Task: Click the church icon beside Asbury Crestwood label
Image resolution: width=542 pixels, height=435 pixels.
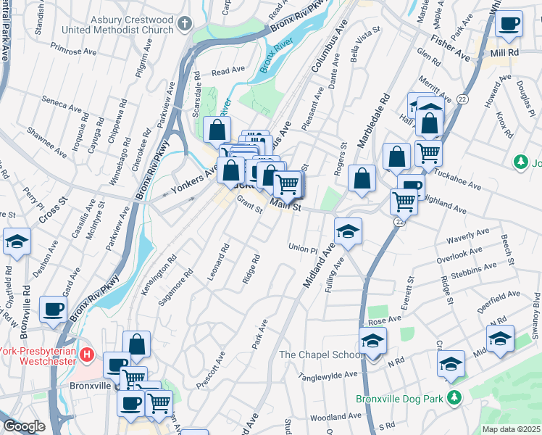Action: (185, 24)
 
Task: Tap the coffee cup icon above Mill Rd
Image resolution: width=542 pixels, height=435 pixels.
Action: (509, 24)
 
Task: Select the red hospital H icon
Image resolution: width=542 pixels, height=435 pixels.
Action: (86, 355)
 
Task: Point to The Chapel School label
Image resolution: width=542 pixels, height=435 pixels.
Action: (322, 355)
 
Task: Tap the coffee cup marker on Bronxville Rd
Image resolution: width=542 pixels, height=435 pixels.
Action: (53, 310)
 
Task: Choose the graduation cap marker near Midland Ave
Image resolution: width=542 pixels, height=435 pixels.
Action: (348, 232)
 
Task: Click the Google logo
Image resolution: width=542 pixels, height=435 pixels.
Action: (23, 426)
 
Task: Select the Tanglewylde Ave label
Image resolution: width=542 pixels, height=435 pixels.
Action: (330, 375)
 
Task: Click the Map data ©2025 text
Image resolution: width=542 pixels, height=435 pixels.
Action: (512, 429)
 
